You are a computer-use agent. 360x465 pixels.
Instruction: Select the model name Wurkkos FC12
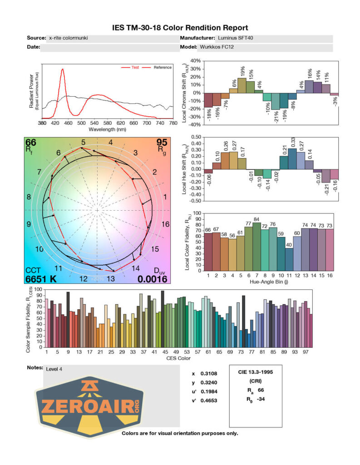[x=218, y=47]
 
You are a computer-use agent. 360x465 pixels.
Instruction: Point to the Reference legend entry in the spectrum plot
[x=163, y=68]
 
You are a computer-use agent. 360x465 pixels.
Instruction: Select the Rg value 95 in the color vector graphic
[x=162, y=143]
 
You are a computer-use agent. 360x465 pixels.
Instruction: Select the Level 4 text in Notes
[x=54, y=369]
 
